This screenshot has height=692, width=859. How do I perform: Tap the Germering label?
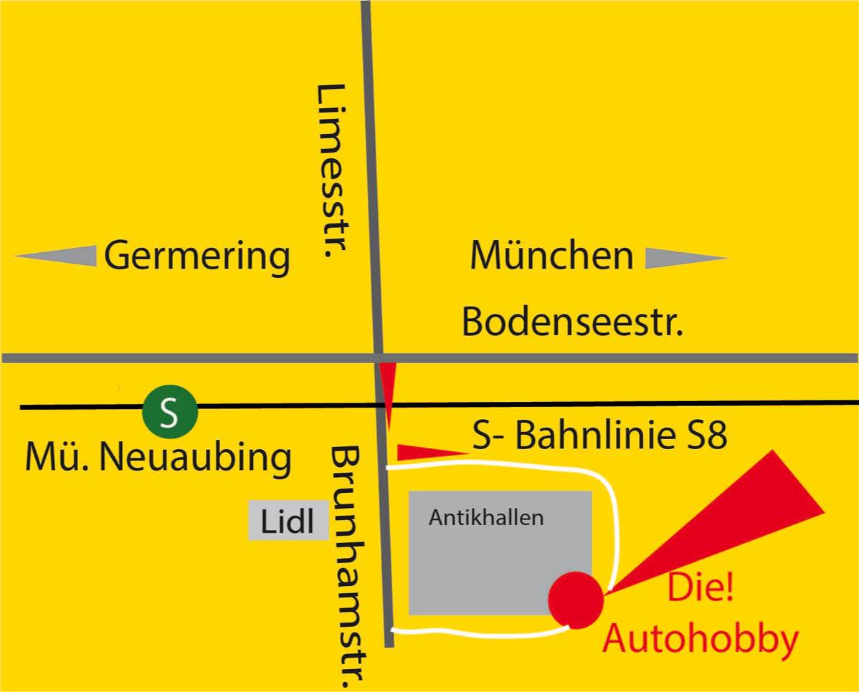(x=197, y=256)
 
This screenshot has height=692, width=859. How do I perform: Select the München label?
(x=551, y=256)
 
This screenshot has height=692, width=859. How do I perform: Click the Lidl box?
(x=288, y=521)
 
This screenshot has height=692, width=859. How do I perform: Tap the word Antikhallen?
(x=486, y=517)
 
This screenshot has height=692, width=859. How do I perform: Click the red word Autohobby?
(x=700, y=640)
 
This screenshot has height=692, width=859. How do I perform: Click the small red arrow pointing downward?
(x=387, y=394)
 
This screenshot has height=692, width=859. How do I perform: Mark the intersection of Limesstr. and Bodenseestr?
(x=378, y=357)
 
